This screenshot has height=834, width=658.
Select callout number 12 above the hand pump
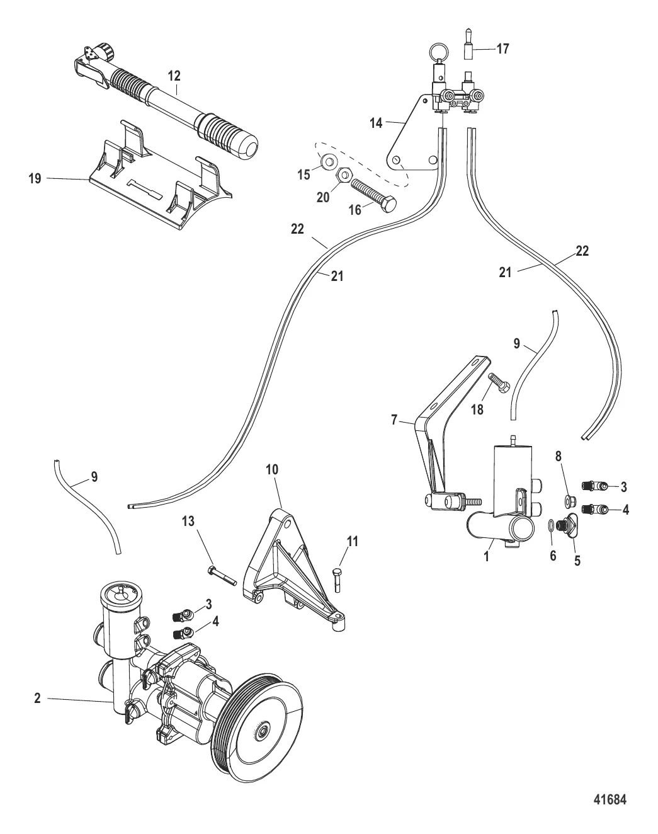tap(174, 76)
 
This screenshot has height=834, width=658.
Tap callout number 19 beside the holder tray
tap(35, 179)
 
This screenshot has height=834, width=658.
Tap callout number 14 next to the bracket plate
tap(376, 123)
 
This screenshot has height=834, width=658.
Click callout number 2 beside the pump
tap(38, 699)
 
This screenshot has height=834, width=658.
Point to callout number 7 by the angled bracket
tap(395, 420)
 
